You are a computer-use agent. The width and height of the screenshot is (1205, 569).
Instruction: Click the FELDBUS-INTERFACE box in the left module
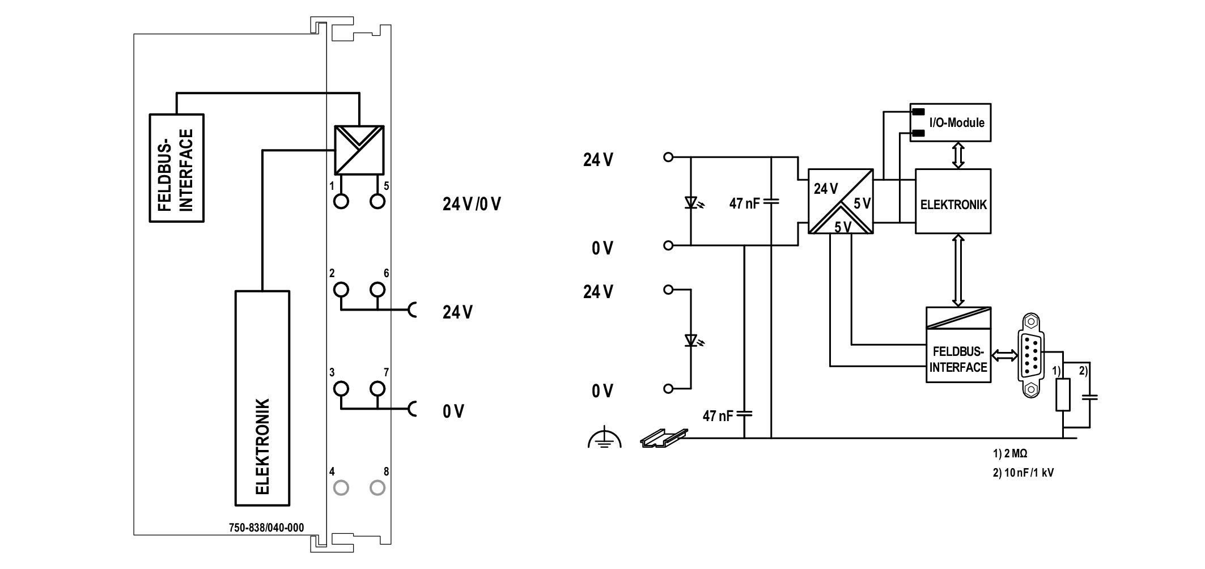(176, 168)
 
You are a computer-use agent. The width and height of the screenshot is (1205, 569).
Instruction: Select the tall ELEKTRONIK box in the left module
(262, 398)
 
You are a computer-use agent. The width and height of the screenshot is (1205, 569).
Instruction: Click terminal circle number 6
(377, 290)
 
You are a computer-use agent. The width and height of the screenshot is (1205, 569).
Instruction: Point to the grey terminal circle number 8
(377, 487)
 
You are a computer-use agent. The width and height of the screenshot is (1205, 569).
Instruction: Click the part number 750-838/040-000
(266, 528)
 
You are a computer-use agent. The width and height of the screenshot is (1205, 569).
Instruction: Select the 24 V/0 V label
(472, 204)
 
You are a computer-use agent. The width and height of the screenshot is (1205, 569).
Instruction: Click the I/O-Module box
(950, 122)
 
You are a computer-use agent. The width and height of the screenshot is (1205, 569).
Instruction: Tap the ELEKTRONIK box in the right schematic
(953, 201)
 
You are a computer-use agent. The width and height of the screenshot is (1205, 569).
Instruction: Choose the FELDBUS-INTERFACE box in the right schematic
(958, 345)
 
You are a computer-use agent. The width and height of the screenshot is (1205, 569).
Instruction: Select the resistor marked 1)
(1063, 394)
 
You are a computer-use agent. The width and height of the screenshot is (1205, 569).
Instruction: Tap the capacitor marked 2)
(1089, 397)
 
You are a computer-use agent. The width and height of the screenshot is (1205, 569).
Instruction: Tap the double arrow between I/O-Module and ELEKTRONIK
(958, 155)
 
